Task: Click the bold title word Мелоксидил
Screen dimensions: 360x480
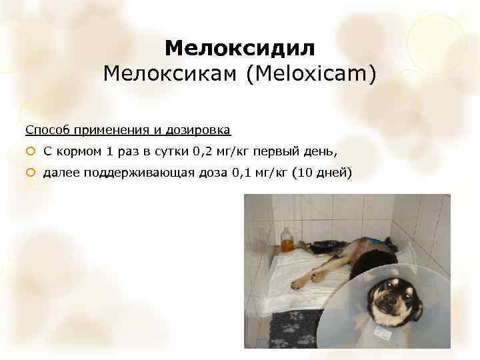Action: click(x=239, y=49)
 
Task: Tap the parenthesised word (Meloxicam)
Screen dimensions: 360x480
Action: click(x=311, y=73)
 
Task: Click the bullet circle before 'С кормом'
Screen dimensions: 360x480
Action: click(x=30, y=151)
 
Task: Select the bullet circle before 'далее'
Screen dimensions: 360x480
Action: click(x=30, y=173)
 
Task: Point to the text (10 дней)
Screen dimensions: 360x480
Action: click(x=322, y=173)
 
